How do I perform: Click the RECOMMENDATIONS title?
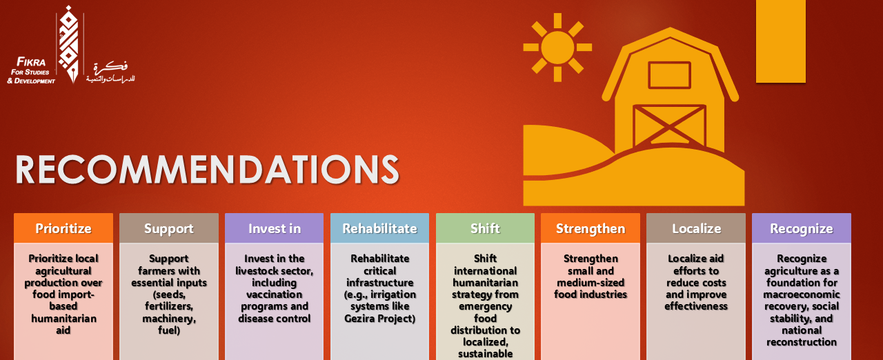(x=208, y=170)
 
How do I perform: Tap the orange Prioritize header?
(x=63, y=228)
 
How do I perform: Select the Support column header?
(x=169, y=228)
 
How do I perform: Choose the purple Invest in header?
(x=275, y=228)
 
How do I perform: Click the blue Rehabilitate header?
(x=379, y=228)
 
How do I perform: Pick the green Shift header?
(x=485, y=228)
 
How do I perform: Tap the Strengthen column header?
(x=591, y=228)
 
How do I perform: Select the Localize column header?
(x=696, y=228)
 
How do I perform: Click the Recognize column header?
(x=802, y=228)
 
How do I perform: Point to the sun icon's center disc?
(x=557, y=48)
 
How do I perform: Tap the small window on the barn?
(x=669, y=75)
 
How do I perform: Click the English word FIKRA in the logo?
(x=31, y=62)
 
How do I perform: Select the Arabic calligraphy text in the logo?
(x=111, y=72)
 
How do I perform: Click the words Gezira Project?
(x=379, y=318)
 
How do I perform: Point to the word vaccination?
(x=275, y=294)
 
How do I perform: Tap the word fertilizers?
(x=169, y=306)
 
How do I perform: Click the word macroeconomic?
(x=802, y=294)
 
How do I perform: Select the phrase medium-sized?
(x=591, y=282)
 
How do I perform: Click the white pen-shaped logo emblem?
(x=70, y=44)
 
